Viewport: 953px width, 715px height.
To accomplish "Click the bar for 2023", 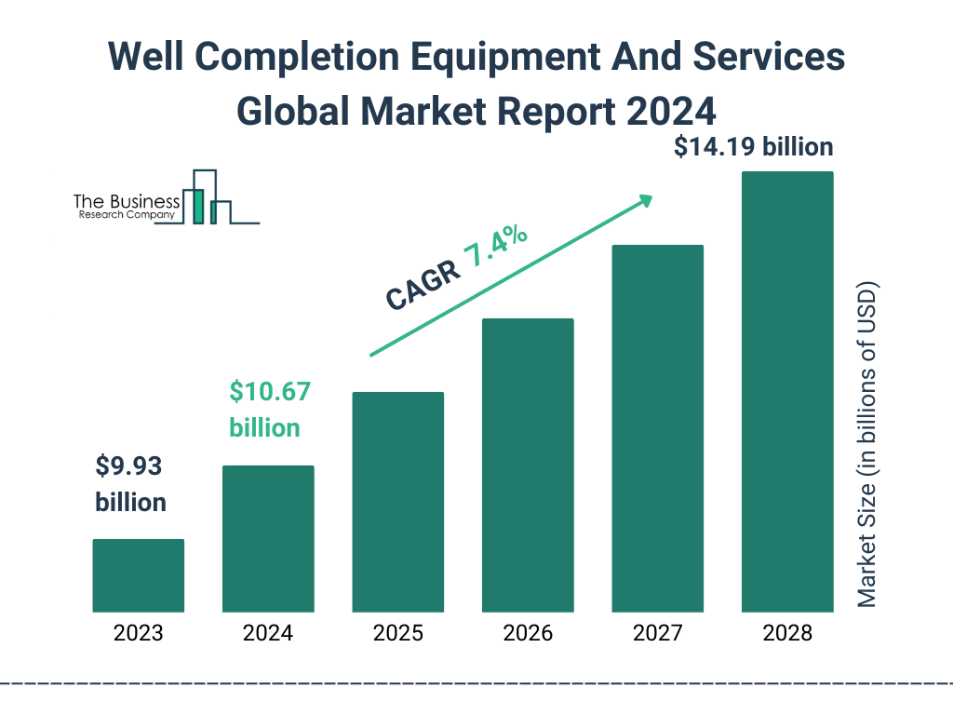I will click(139, 575).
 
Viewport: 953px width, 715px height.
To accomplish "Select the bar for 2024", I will click(268, 538).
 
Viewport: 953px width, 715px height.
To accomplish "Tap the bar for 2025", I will click(397, 502).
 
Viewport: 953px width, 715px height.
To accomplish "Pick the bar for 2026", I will click(528, 465).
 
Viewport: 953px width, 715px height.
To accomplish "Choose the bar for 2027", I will click(657, 428).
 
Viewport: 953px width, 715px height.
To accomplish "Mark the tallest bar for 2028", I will click(787, 391).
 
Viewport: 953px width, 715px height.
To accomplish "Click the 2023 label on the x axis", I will click(139, 634).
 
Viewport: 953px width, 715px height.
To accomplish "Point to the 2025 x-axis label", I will click(397, 634).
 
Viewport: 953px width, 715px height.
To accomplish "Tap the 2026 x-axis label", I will click(528, 634).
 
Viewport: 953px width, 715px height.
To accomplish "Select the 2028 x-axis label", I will click(787, 634).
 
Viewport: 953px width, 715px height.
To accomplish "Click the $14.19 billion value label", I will click(754, 147).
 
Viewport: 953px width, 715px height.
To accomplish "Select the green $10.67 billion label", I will click(268, 410).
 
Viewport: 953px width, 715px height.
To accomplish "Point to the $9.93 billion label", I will click(131, 484).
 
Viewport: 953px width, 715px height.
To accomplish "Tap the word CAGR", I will click(422, 284).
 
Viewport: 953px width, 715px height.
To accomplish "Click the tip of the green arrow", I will click(651, 197).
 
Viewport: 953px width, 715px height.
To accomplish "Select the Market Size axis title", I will click(867, 443).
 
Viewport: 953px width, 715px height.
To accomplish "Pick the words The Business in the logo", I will click(127, 201).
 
